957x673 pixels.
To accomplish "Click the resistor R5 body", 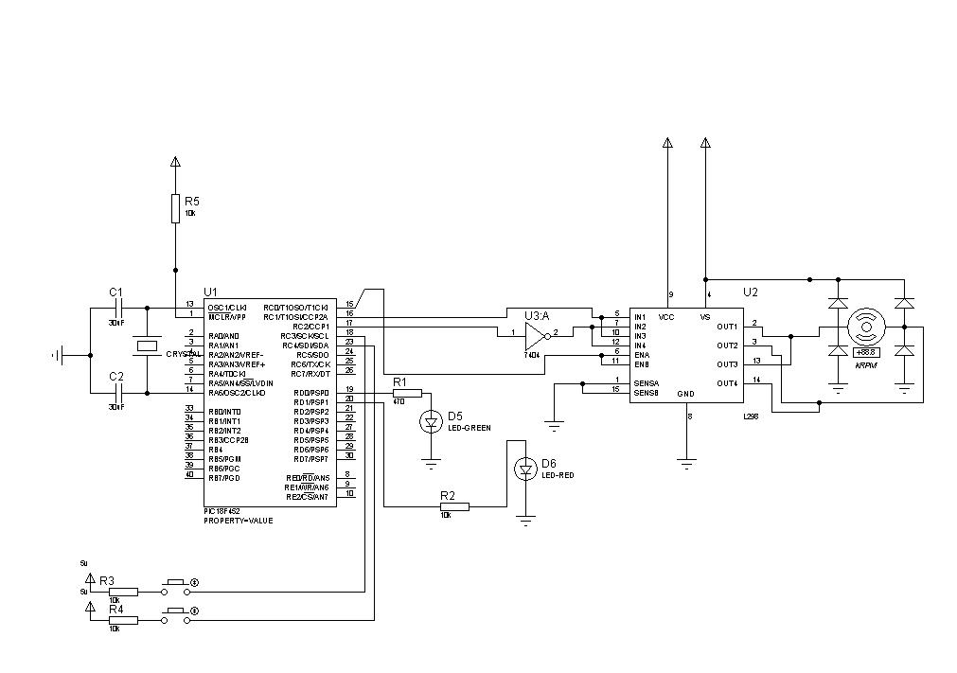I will click(175, 208).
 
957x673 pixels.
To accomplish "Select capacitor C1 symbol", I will click(118, 308).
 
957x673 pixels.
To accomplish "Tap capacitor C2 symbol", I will click(118, 392).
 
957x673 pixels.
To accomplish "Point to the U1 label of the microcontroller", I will click(210, 292).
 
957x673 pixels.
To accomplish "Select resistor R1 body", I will click(407, 393).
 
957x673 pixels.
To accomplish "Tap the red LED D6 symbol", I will click(525, 468).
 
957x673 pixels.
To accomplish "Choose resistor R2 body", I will click(454, 506).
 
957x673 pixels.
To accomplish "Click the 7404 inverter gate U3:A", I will click(537, 334).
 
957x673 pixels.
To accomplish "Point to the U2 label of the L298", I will click(751, 292).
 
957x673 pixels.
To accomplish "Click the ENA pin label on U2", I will click(642, 355).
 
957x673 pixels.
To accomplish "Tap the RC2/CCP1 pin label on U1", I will click(310, 327).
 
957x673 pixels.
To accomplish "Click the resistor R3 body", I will click(123, 592).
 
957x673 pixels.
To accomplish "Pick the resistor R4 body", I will click(123, 620).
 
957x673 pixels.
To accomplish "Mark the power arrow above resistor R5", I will click(175, 162).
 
